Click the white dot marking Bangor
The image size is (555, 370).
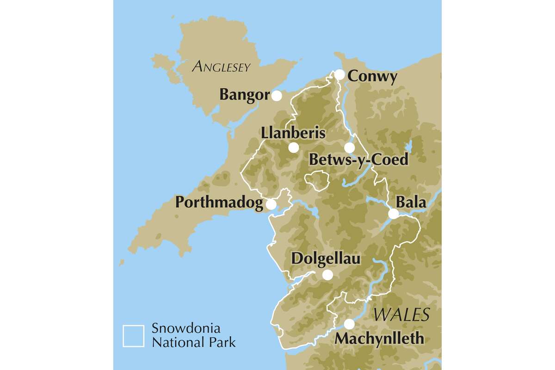pos(277,96)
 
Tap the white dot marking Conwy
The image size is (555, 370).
pos(339,74)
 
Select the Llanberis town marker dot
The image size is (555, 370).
pos(293,148)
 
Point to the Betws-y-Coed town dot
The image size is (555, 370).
pos(349,148)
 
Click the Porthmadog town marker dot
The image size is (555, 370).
pos(271,204)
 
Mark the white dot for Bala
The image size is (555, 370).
pos(393,214)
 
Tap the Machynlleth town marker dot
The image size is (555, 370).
pos(349,324)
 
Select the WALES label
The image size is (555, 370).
pos(401,314)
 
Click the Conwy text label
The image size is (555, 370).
pos(372,76)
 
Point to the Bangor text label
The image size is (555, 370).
pos(244,95)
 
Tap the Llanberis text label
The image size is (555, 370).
pos(293,133)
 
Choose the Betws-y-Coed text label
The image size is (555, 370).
pos(359,160)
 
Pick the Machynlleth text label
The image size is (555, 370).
pos(379,339)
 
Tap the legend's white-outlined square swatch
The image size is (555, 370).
pos(133,336)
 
